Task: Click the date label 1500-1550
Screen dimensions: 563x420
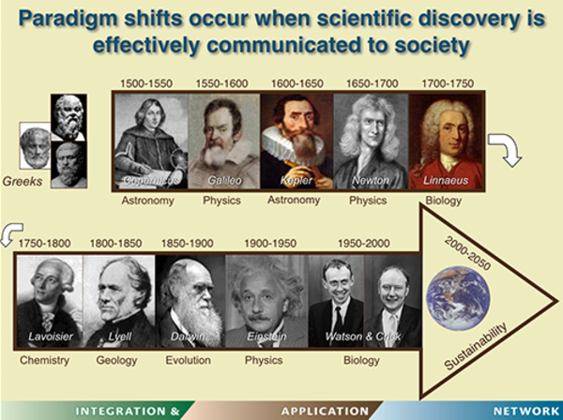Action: tap(146, 83)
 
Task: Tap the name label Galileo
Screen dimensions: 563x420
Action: tap(225, 180)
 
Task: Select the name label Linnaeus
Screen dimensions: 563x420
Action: tap(446, 180)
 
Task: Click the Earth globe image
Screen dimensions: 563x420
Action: tap(458, 298)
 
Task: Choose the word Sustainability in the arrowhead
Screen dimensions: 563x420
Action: tap(476, 347)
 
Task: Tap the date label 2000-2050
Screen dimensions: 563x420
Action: tap(467, 254)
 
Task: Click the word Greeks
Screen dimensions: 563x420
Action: tap(23, 182)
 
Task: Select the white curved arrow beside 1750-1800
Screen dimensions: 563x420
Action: tap(10, 233)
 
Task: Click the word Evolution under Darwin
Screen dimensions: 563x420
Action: tap(189, 360)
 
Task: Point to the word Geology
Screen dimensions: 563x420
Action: tap(116, 360)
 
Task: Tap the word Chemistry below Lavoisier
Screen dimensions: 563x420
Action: tap(44, 360)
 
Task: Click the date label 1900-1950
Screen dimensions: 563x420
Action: tap(270, 244)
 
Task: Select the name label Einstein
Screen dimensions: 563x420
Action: tap(266, 337)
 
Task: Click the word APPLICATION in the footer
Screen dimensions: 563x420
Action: tap(325, 411)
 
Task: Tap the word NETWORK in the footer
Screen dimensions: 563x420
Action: tap(526, 411)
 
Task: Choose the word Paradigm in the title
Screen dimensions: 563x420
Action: tap(68, 18)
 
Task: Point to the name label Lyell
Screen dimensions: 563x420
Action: tap(120, 337)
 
